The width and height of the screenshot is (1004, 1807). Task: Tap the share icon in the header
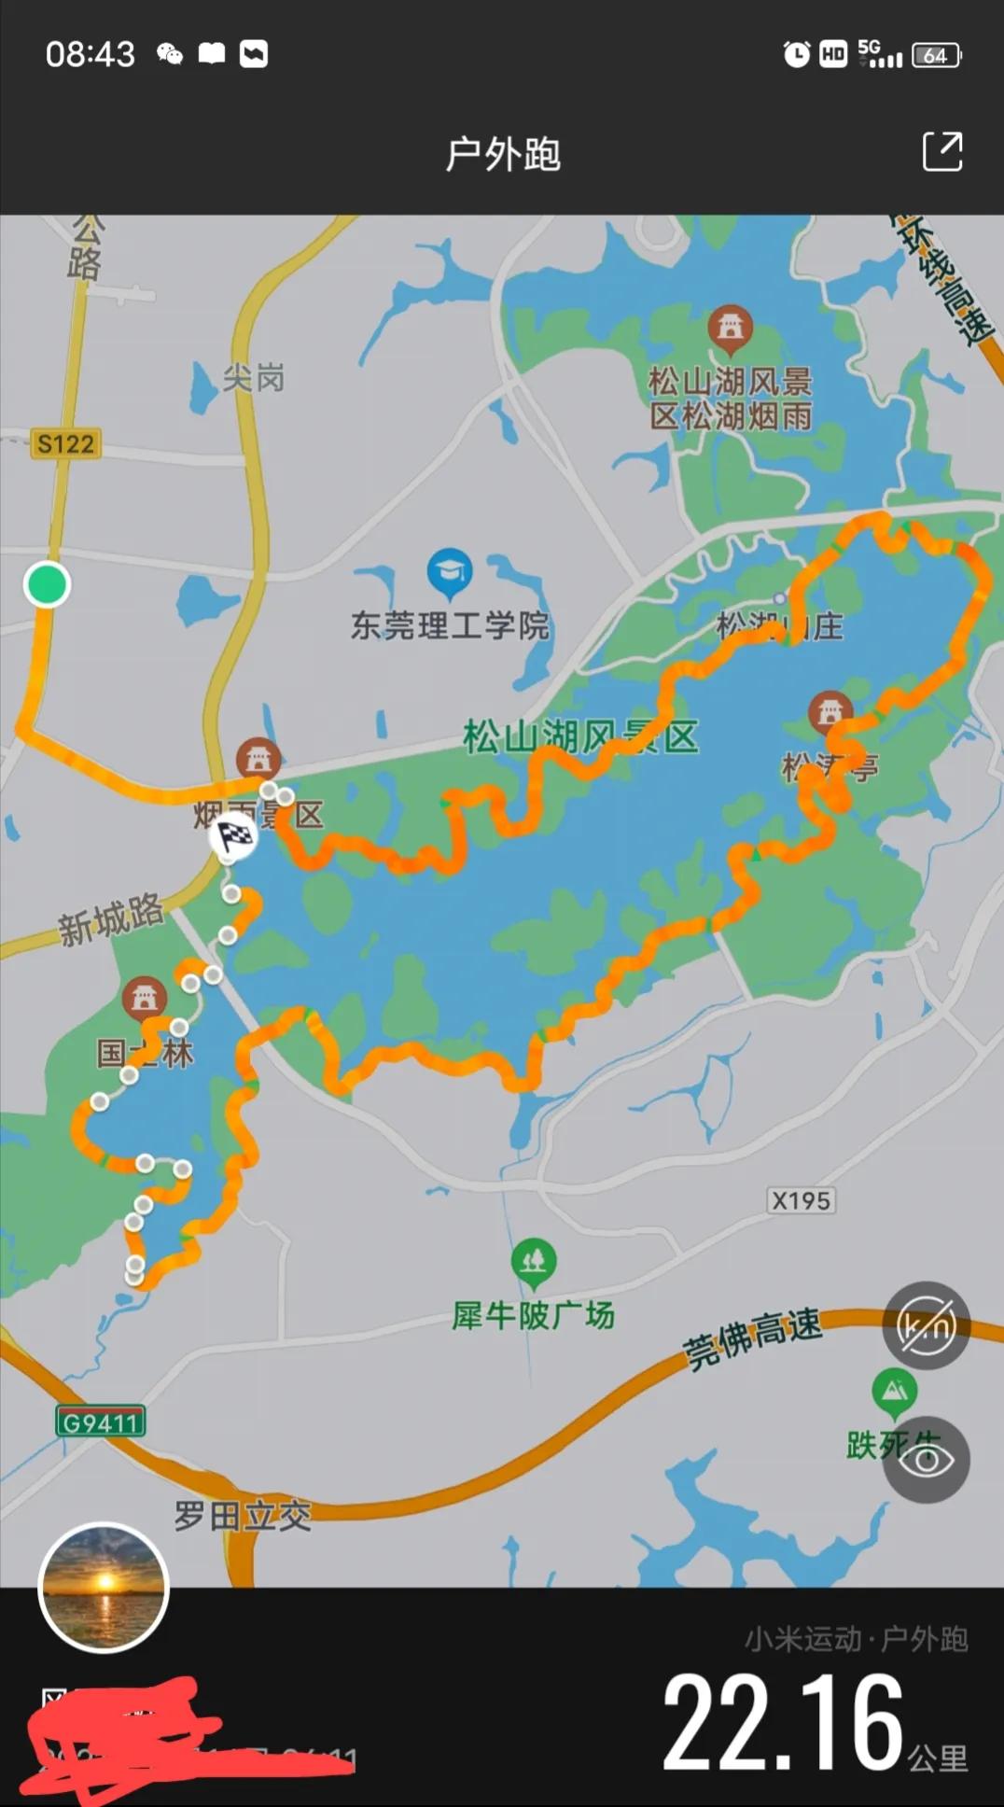coord(942,151)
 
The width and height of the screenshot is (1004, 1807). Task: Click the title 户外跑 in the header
coord(503,154)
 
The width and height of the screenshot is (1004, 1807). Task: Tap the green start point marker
coord(47,584)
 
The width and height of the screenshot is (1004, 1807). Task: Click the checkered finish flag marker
coord(234,835)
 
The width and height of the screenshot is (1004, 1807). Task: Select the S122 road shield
coord(65,443)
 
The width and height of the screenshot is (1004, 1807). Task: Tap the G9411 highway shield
coord(100,1422)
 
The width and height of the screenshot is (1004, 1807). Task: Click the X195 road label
coord(801,1200)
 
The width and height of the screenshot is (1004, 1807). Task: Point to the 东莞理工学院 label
coord(450,625)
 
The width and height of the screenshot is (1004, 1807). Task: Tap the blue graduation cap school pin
coord(450,571)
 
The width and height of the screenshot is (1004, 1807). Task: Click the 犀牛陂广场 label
coord(533,1316)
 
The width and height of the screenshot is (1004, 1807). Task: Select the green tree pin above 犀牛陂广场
coord(534,1263)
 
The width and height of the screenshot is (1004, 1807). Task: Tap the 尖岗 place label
coord(253,378)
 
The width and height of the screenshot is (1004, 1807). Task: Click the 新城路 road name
coord(110,920)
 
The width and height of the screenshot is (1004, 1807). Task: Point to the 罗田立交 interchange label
coord(243,1516)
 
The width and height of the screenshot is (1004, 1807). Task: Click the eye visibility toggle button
coord(927,1460)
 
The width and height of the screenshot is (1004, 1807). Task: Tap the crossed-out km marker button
coord(927,1325)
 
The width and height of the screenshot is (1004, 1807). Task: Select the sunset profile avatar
coord(104,1588)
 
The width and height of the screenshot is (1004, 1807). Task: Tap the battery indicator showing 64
coord(936,55)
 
